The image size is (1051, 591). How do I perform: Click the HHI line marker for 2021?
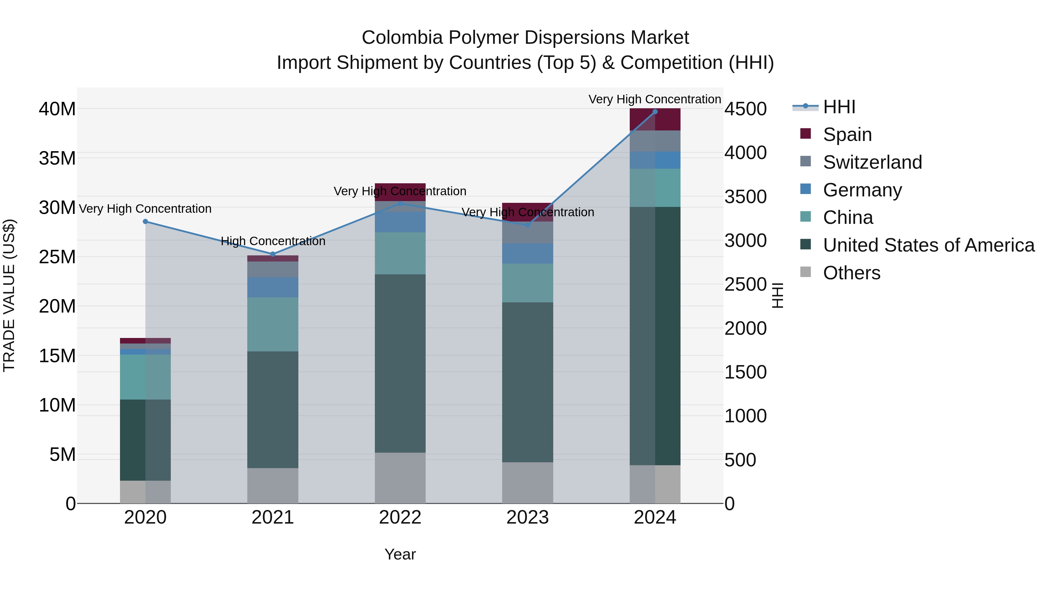(273, 254)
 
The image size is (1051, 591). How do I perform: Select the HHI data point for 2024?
(655, 112)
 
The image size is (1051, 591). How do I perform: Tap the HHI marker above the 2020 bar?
(145, 222)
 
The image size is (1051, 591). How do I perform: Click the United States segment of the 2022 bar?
(400, 363)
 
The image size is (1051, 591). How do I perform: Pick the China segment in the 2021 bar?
(273, 324)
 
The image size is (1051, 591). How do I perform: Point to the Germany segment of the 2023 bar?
(527, 253)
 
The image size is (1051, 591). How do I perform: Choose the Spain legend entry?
(847, 135)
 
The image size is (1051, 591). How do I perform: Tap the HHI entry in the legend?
(839, 107)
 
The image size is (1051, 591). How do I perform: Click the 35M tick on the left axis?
(57, 158)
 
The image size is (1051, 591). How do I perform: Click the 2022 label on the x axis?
(400, 517)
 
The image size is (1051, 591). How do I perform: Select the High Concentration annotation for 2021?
(273, 241)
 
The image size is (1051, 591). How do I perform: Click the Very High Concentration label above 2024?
(655, 99)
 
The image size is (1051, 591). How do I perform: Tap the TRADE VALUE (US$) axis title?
(9, 295)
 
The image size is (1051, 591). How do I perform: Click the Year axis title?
(400, 554)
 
